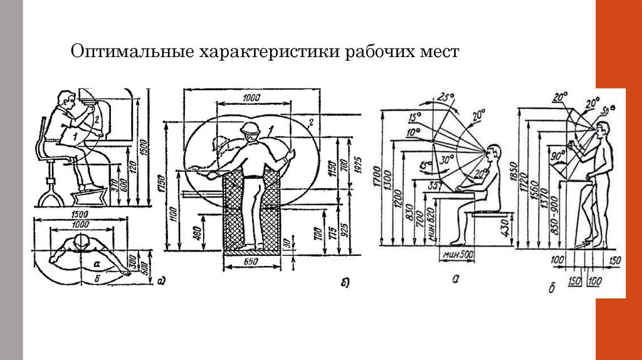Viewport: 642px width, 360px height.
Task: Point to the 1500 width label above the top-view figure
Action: coord(78,214)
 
